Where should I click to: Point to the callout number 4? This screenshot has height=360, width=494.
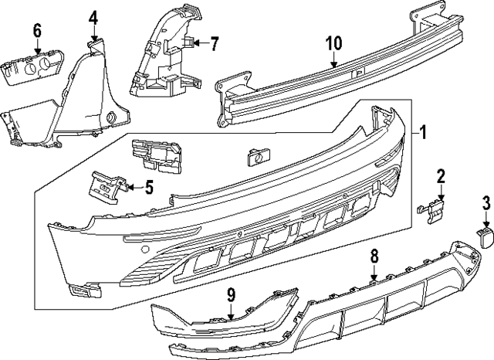93,17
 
